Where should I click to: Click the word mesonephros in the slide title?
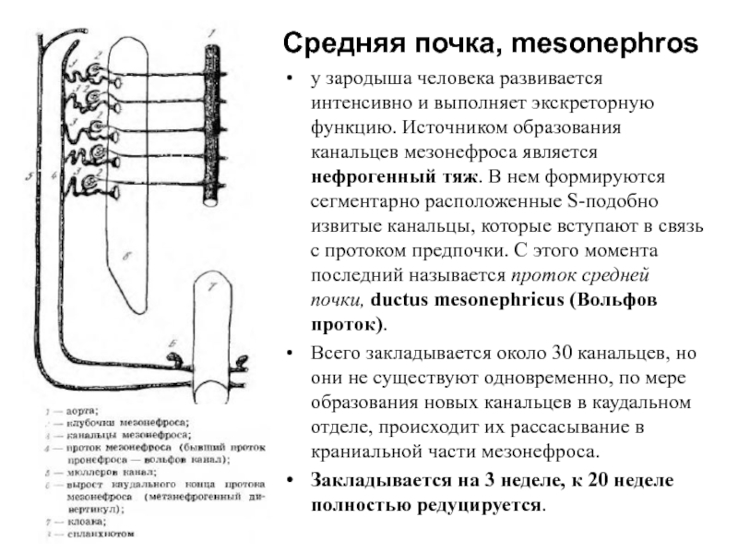pyautogui.click(x=604, y=42)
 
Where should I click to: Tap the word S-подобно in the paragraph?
pyautogui.click(x=591, y=200)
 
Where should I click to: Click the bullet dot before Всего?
pyautogui.click(x=292, y=355)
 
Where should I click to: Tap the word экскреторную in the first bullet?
pyautogui.click(x=600, y=101)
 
